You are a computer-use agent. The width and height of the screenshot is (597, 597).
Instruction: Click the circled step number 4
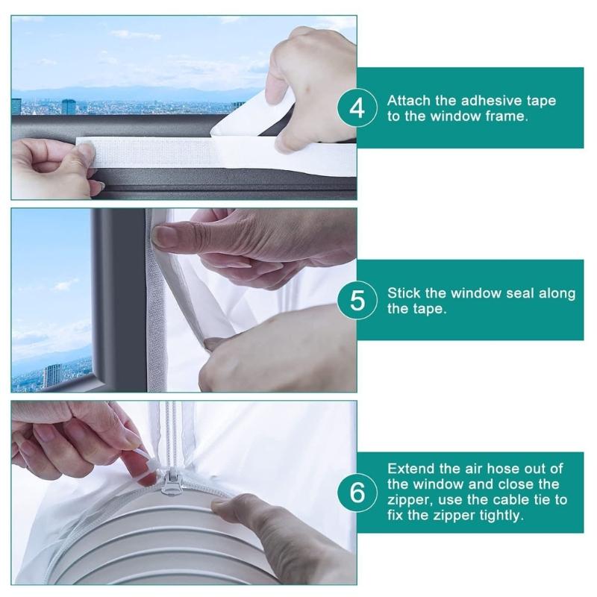pos(358,108)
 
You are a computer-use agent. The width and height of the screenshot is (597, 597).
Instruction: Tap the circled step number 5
pos(358,301)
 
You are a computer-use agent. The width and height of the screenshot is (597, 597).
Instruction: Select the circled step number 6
pos(358,493)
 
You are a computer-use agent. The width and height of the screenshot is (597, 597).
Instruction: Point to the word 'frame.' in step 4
pos(507,116)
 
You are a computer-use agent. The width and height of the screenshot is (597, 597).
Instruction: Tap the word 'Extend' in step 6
pos(410,469)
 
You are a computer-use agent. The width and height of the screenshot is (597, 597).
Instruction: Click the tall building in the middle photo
pos(52,375)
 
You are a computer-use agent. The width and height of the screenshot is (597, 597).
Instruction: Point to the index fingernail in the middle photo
pos(166,237)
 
